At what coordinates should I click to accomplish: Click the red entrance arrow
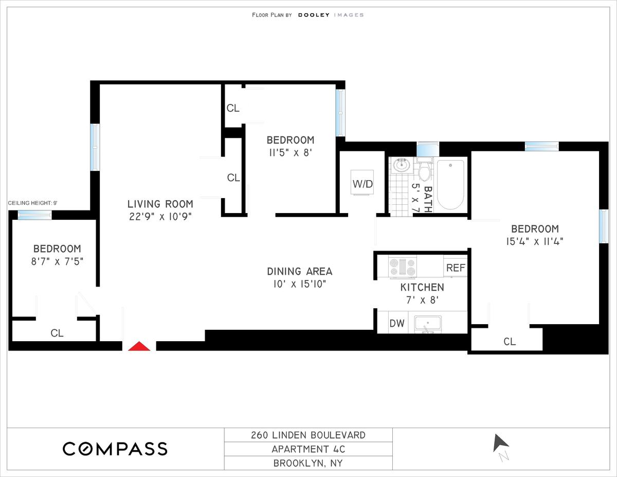pyautogui.click(x=139, y=346)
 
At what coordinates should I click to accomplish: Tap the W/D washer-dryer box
pyautogui.click(x=362, y=183)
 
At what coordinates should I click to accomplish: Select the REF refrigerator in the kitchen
pyautogui.click(x=456, y=268)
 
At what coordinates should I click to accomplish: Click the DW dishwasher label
pyautogui.click(x=397, y=323)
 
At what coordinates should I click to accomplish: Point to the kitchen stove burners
pyautogui.click(x=403, y=267)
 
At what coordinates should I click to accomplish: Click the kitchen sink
pyautogui.click(x=428, y=324)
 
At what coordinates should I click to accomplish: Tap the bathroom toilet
pyautogui.click(x=425, y=170)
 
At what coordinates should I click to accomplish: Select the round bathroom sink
pyautogui.click(x=401, y=165)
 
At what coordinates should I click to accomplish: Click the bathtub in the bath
pyautogui.click(x=450, y=185)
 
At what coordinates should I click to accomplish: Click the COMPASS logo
pyautogui.click(x=115, y=449)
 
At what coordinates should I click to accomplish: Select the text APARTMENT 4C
pyautogui.click(x=308, y=449)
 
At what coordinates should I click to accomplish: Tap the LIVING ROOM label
pyautogui.click(x=160, y=204)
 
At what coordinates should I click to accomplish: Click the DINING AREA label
pyautogui.click(x=300, y=271)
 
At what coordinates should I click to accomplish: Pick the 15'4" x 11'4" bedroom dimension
pyautogui.click(x=535, y=242)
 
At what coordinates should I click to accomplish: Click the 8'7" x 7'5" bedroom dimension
pyautogui.click(x=57, y=261)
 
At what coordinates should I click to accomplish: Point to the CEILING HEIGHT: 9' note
pyautogui.click(x=33, y=203)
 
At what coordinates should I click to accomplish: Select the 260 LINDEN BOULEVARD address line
pyautogui.click(x=308, y=435)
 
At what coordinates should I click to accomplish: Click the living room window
pyautogui.click(x=95, y=147)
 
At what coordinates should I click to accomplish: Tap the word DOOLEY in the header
pyautogui.click(x=314, y=15)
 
